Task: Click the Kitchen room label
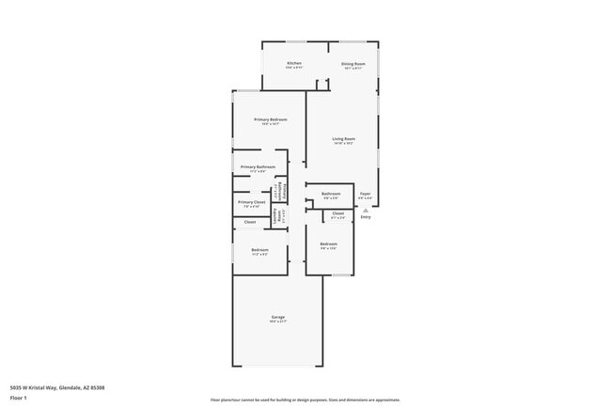point(294,63)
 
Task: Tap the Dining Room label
point(353,63)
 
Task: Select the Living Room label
point(343,139)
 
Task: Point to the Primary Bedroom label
point(270,119)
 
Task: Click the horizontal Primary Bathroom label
point(258,167)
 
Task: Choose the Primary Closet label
point(251,202)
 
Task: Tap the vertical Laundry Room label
point(275,216)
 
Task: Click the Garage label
point(278,317)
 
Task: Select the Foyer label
point(366,194)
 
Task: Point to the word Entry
point(366,217)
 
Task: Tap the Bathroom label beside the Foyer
point(332,194)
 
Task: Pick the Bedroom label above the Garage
point(259,250)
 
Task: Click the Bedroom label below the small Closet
point(328,243)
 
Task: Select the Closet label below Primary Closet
point(250,222)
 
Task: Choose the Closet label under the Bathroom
point(338,213)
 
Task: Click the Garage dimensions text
point(278,322)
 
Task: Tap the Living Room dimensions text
point(343,144)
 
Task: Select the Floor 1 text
point(18,398)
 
